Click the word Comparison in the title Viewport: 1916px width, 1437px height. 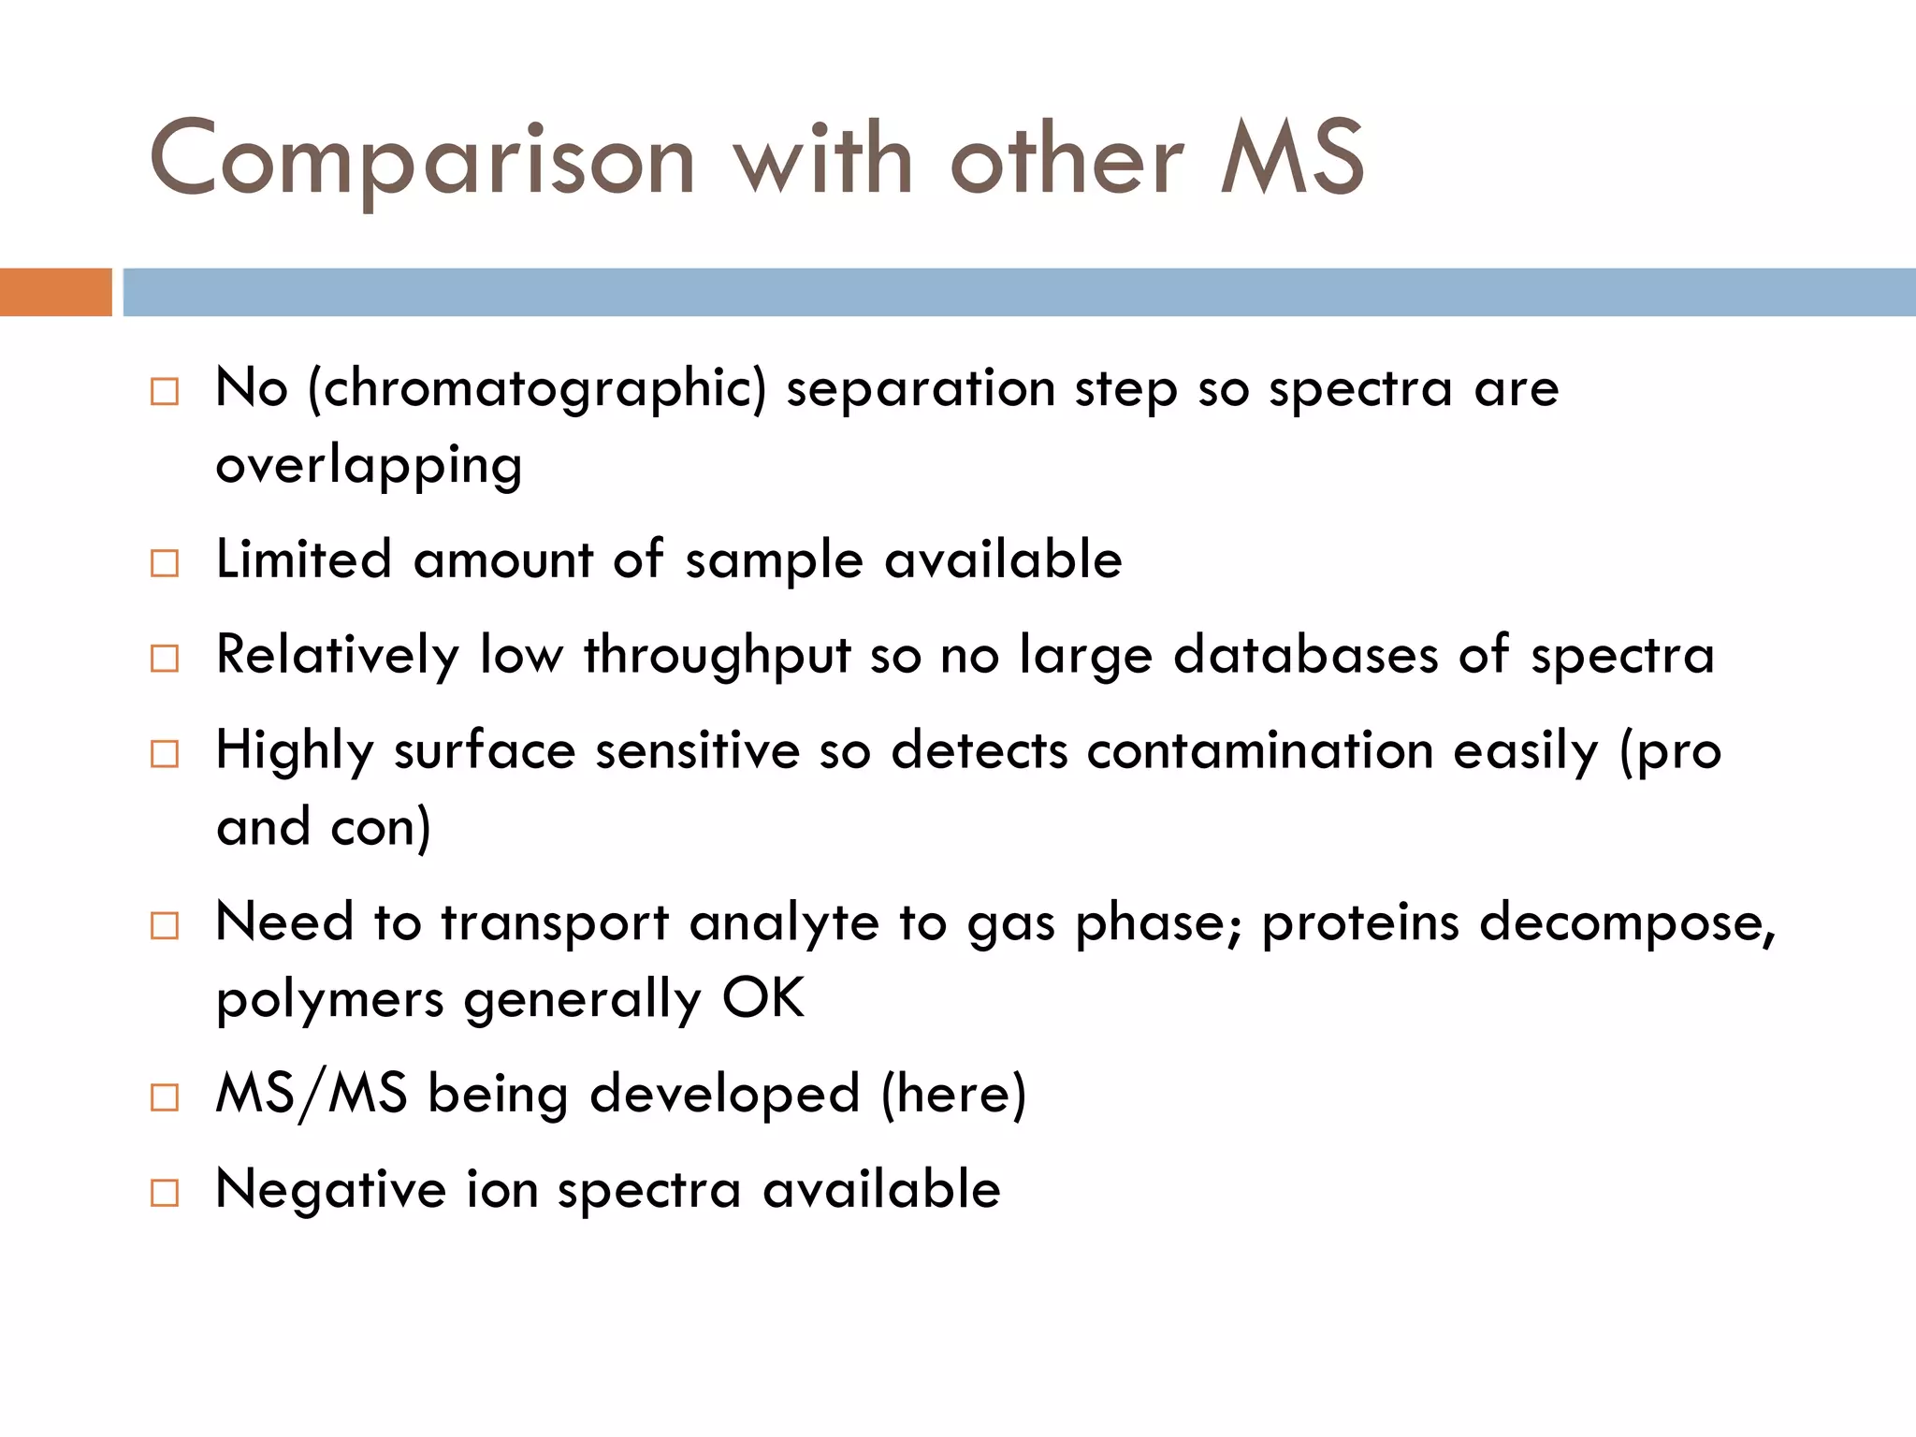coord(421,161)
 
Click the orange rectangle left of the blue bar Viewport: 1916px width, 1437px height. coord(55,292)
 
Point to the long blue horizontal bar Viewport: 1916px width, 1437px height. coord(1018,292)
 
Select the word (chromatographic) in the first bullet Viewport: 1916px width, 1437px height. coord(537,389)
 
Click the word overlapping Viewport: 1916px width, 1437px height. coord(369,467)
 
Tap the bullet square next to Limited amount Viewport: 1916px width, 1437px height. coord(165,563)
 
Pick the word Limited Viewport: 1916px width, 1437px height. coord(303,559)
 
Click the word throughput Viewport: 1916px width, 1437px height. coord(718,655)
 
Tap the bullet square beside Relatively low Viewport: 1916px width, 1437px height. coord(165,659)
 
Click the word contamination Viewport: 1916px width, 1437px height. coord(1259,750)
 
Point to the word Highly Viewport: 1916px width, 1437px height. coord(295,752)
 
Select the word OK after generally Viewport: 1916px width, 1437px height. coord(762,998)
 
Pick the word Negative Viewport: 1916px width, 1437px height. coord(330,1190)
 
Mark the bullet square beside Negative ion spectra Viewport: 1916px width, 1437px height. coord(165,1193)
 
